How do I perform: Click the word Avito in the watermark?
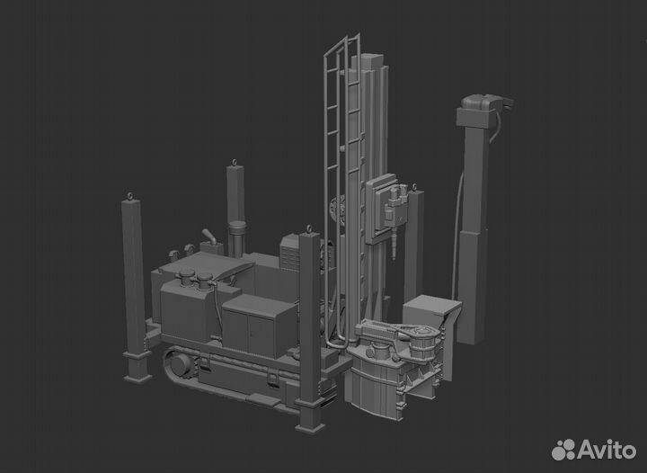click(607, 450)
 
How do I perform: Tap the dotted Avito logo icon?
click(563, 450)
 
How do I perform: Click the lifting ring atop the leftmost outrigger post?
click(130, 196)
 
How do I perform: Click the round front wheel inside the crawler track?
click(181, 364)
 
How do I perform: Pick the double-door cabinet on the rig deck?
click(260, 326)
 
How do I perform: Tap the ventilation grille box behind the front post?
click(290, 252)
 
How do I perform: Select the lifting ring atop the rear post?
click(235, 162)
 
